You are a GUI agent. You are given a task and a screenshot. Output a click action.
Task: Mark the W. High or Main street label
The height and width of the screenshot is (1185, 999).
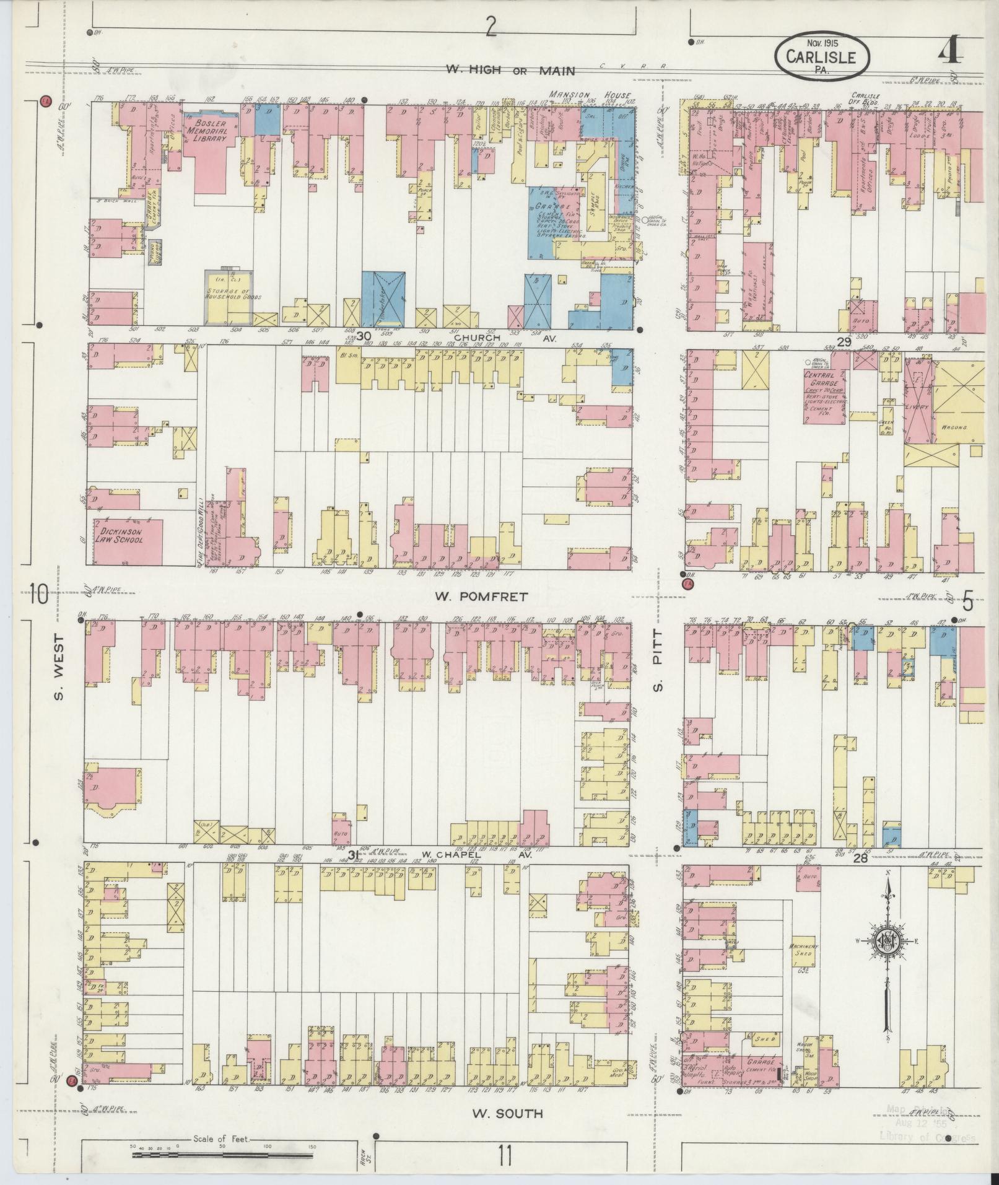click(x=510, y=69)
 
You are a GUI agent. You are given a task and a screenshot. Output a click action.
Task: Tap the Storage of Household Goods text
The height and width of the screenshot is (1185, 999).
click(x=228, y=295)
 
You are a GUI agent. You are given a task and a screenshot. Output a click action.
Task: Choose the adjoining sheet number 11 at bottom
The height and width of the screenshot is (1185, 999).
click(x=505, y=1156)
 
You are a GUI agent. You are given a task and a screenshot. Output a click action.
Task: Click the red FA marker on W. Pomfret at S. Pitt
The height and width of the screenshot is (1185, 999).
click(x=687, y=583)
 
